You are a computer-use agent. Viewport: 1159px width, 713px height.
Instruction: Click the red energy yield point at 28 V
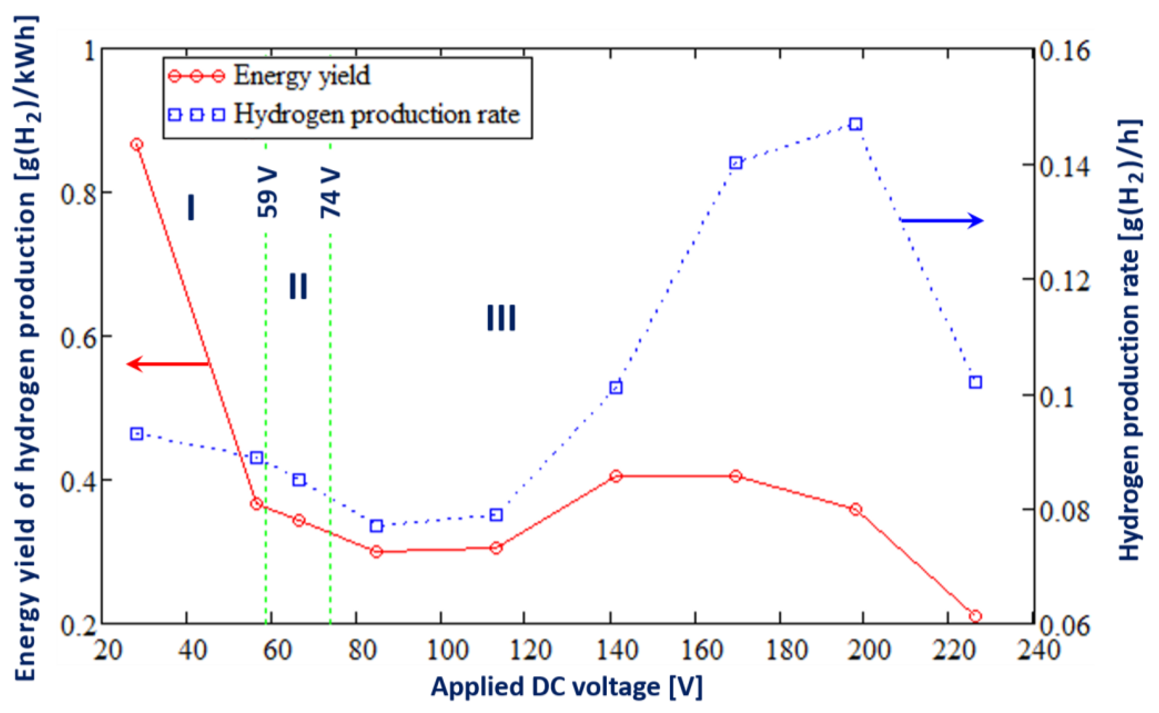tap(137, 144)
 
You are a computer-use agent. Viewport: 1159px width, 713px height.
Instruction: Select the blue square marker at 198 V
tap(855, 125)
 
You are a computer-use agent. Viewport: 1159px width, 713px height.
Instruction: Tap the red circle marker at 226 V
tap(976, 616)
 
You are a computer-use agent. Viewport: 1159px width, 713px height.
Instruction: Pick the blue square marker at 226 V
tap(976, 382)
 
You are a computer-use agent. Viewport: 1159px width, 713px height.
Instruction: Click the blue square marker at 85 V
tap(376, 526)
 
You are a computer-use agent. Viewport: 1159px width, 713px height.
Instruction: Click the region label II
tap(298, 286)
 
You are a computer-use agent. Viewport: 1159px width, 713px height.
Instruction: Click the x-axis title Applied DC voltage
tap(566, 687)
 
